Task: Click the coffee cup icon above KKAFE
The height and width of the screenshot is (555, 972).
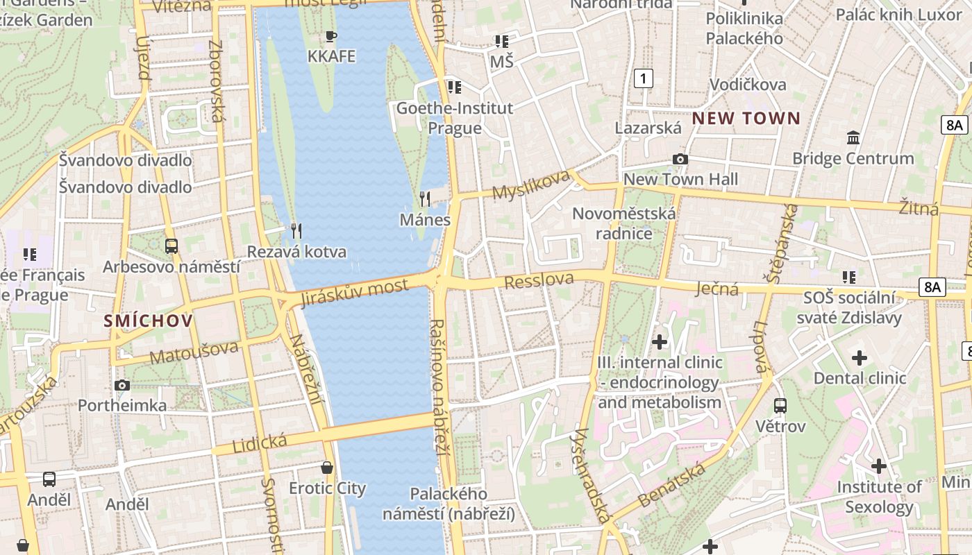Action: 331,36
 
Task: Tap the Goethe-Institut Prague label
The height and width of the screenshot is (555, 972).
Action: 455,118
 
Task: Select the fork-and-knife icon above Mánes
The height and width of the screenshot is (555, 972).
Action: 425,199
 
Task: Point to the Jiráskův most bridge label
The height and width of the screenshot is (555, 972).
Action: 354,293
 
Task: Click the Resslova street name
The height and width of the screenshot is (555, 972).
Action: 539,281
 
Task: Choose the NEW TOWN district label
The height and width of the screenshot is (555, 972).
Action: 746,118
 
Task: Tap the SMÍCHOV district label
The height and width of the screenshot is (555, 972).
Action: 148,321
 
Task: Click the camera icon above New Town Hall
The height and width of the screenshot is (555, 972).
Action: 680,159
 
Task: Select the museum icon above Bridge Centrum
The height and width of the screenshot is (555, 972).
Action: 853,137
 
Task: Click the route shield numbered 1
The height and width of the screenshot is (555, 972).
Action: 644,78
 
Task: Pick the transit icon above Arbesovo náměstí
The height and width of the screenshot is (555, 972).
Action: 171,246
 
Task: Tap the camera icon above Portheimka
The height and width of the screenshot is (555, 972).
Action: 122,385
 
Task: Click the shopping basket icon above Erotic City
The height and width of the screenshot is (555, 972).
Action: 327,468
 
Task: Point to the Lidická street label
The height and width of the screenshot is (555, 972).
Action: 260,442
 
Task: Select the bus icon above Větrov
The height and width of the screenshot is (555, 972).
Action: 780,405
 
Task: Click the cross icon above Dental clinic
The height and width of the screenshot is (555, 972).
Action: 860,358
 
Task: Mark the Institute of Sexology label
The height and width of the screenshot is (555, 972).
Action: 879,497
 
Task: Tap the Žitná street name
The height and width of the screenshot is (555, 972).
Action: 919,208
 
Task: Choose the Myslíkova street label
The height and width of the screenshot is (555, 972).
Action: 530,185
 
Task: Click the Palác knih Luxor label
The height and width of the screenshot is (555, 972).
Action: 899,14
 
